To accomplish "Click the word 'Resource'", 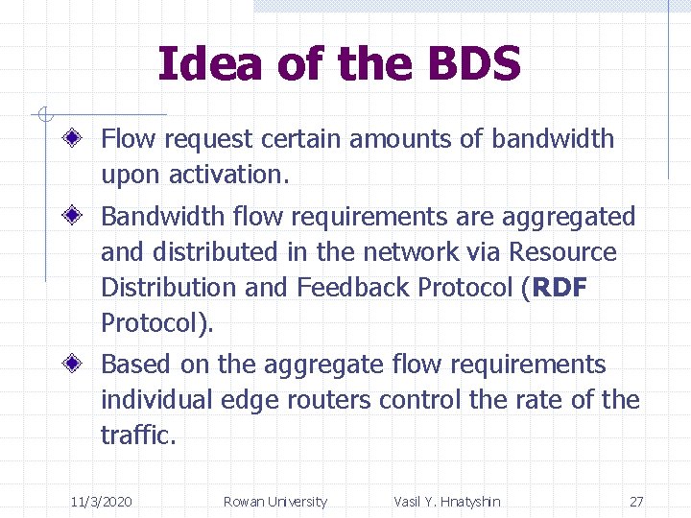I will pyautogui.click(x=563, y=252).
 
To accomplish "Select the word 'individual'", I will pyautogui.click(x=157, y=400).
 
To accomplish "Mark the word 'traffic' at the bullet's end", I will pyautogui.click(x=135, y=436).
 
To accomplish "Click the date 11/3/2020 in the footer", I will pyautogui.click(x=102, y=502).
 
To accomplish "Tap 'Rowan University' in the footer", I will pyautogui.click(x=274, y=502).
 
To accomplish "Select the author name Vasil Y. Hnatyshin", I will pyautogui.click(x=446, y=502).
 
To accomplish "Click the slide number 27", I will pyautogui.click(x=636, y=502).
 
